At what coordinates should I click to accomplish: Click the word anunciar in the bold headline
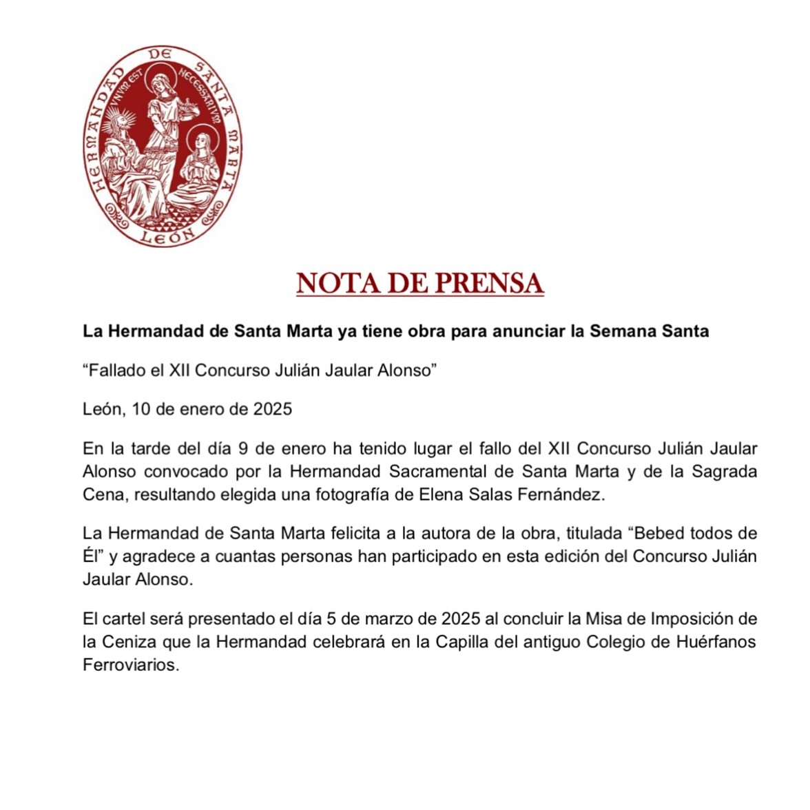pos(529,331)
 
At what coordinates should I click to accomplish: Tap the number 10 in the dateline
pos(141,409)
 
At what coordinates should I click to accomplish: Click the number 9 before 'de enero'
pos(242,449)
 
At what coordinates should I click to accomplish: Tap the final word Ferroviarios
pos(130,665)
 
